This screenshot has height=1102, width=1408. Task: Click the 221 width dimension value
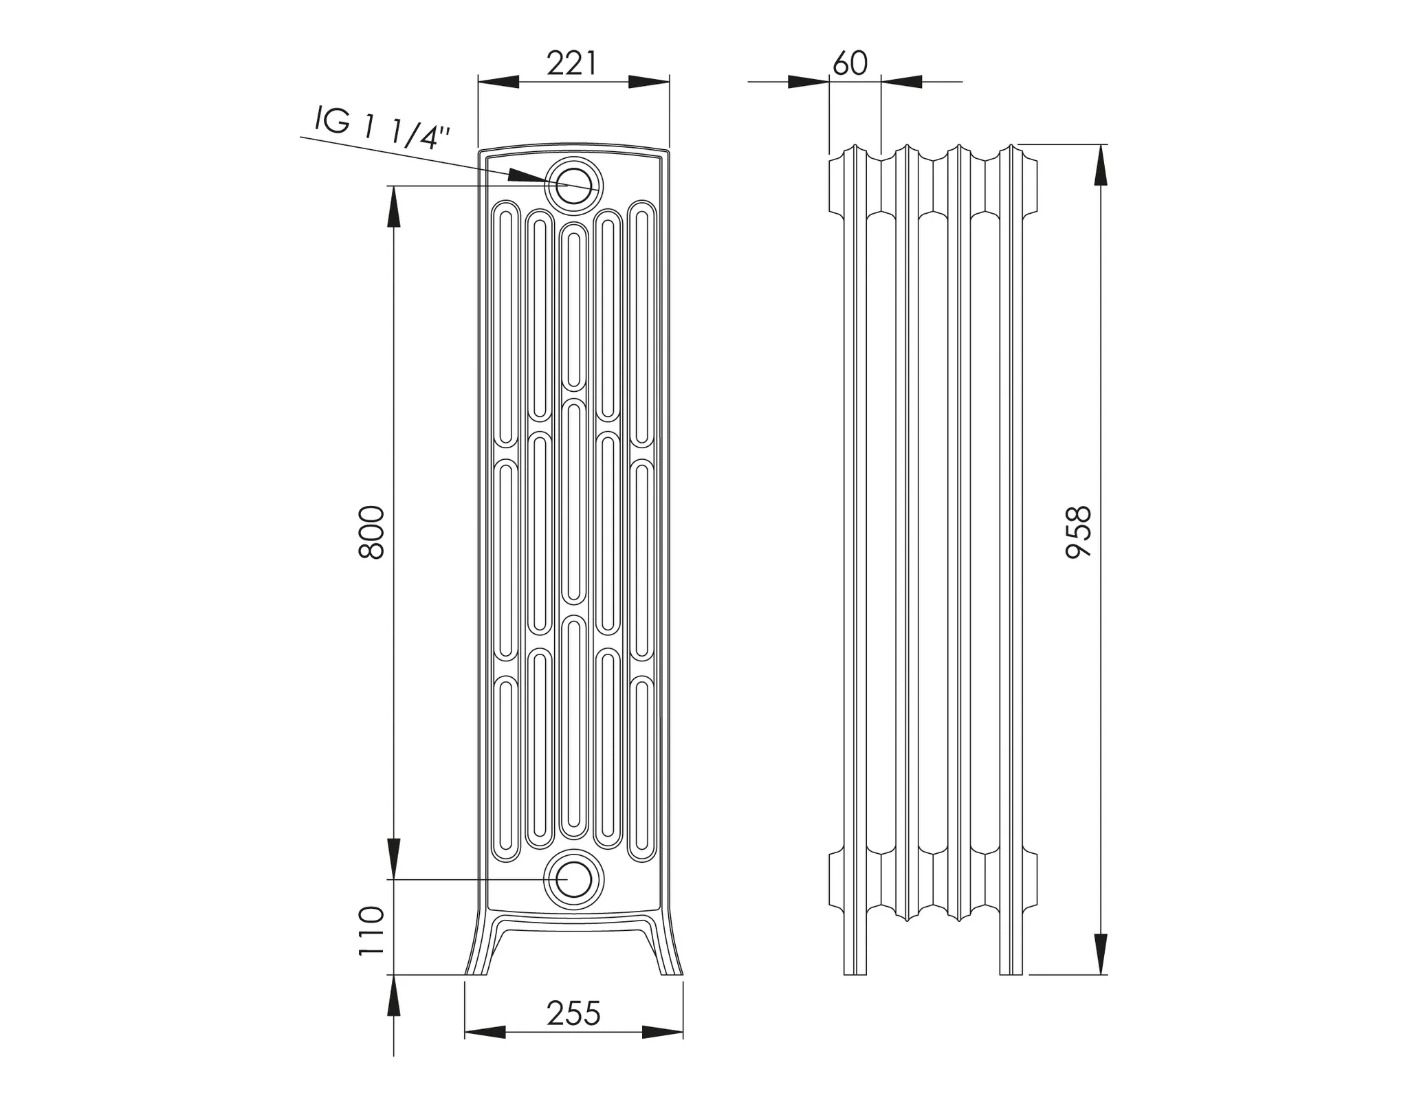point(572,64)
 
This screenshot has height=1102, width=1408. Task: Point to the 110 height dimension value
point(372,930)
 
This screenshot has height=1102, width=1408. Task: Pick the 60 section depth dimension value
point(850,64)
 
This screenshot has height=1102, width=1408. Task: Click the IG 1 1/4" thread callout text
point(382,127)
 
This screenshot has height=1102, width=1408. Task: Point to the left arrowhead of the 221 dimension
point(498,82)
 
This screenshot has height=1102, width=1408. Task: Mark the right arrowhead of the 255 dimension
point(662,1032)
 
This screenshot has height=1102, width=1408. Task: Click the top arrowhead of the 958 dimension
point(1100,165)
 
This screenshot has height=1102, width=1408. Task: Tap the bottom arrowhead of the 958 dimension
point(1100,954)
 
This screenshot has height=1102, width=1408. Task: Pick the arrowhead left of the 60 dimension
point(808,82)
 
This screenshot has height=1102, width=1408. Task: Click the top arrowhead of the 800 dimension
point(393,206)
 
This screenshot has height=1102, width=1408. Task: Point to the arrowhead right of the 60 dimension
point(901,82)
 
